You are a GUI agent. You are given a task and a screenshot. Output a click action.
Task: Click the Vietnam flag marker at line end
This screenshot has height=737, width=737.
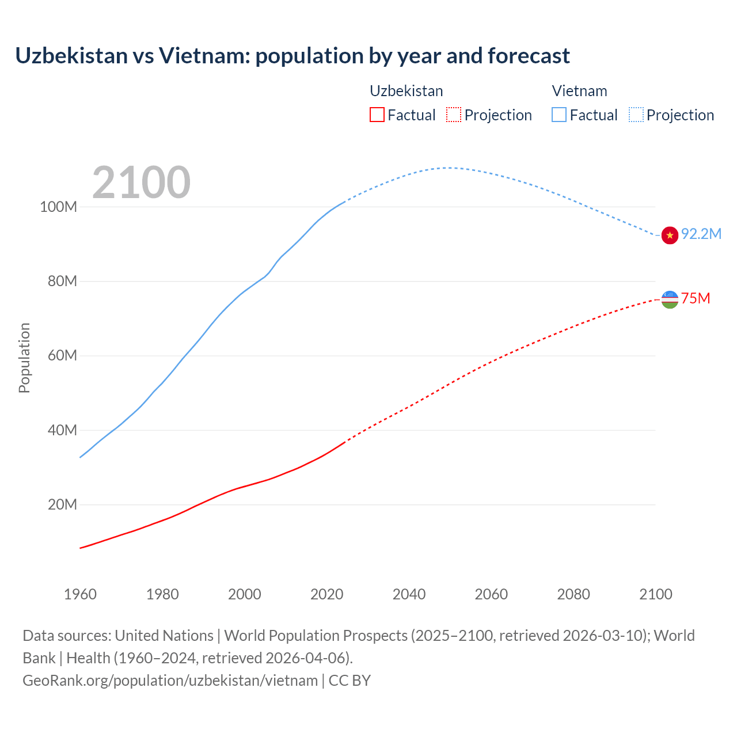(670, 235)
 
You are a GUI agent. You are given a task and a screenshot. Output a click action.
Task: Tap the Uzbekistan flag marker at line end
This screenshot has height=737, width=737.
(670, 299)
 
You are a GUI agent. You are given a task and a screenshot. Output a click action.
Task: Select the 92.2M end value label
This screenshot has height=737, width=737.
(701, 234)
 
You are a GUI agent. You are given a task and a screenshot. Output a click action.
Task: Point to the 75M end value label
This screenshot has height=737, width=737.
(695, 298)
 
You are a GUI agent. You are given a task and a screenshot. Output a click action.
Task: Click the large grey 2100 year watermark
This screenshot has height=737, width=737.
(141, 183)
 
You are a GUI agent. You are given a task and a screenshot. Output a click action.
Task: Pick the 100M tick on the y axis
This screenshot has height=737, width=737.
(58, 207)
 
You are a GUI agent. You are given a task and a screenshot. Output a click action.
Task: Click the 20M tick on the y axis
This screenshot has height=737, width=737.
(62, 504)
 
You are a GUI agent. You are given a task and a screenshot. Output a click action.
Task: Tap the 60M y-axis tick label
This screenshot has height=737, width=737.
(62, 355)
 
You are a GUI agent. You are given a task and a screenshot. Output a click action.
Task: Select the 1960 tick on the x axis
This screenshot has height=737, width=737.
(80, 594)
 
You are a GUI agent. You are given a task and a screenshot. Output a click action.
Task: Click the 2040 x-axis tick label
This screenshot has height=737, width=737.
(409, 594)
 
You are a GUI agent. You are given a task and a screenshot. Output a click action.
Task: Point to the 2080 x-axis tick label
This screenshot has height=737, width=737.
(573, 594)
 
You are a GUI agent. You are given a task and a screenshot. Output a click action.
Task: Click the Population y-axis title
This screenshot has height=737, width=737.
(24, 358)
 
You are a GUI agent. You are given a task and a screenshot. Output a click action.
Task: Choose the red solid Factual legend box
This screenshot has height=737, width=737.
(377, 115)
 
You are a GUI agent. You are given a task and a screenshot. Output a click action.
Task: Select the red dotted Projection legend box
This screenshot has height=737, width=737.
(454, 115)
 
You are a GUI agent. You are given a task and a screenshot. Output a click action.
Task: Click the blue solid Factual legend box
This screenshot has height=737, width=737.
(559, 115)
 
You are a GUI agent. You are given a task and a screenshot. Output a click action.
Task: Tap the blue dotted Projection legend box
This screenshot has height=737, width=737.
(636, 115)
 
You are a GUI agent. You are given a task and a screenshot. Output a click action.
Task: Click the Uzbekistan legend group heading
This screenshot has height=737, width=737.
(406, 91)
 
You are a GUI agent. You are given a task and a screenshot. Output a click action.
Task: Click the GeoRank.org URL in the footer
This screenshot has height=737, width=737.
(170, 680)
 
